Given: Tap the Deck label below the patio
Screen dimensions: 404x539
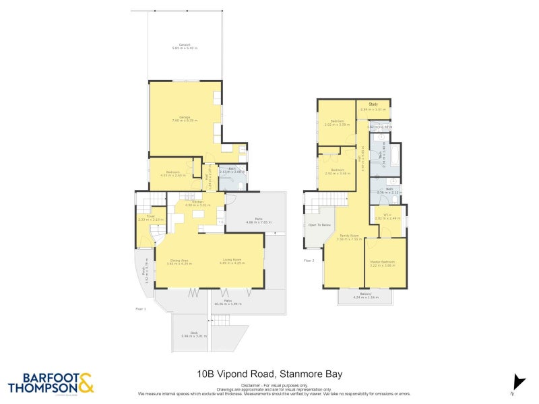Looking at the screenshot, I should pos(194,334).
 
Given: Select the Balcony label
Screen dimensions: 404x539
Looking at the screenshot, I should pos(364,295).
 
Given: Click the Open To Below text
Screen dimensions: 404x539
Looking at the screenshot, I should pos(319,225).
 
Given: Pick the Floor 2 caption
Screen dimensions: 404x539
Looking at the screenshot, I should pos(309,259).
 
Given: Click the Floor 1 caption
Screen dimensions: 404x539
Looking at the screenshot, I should pos(140,308).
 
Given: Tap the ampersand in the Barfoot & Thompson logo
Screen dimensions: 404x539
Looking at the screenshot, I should pos(86,384).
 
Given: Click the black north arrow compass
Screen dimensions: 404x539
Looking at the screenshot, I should pos(518,381).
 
